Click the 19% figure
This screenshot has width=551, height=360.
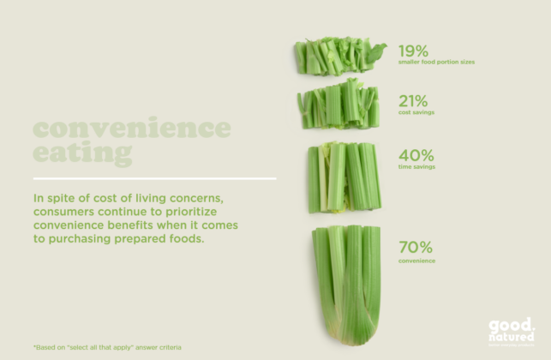pos(415,50)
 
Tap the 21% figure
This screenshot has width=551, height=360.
pos(415,101)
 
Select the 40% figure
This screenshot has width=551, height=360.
pos(416,155)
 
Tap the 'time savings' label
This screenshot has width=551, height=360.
pos(417,167)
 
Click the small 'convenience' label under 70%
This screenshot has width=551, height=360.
pos(417,261)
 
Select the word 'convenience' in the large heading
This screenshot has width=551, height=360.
pos(132,129)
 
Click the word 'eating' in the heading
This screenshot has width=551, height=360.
pos(82,154)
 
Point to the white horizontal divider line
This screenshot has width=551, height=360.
pos(154,178)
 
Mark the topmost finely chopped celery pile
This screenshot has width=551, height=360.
pos(338,56)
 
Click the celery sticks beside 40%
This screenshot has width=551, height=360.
pos(344,177)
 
